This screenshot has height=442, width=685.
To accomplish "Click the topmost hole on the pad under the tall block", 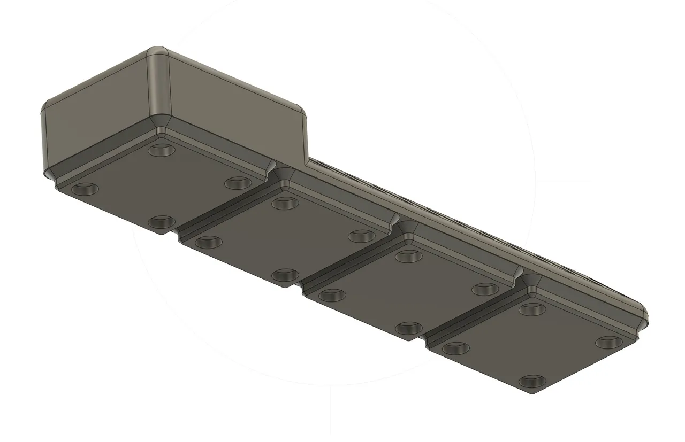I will coord(162,150).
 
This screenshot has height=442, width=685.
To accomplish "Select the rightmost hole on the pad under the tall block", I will coord(238,183).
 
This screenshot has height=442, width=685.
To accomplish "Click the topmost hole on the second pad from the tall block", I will coord(285,203).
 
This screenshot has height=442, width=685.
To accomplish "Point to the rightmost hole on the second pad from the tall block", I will coord(362,236).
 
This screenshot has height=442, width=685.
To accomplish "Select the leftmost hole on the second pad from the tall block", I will coord(208,242).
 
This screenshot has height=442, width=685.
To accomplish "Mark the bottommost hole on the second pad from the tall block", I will coord(285,275).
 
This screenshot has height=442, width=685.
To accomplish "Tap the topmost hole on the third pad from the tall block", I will coord(409,255).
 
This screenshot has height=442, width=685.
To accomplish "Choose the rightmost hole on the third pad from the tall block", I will coord(486,289).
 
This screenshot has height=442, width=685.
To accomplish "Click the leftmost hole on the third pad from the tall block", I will coord(332,294).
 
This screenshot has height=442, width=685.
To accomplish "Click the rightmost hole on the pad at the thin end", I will coord(610,342).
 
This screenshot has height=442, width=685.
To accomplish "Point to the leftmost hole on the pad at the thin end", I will coord(456,348).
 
